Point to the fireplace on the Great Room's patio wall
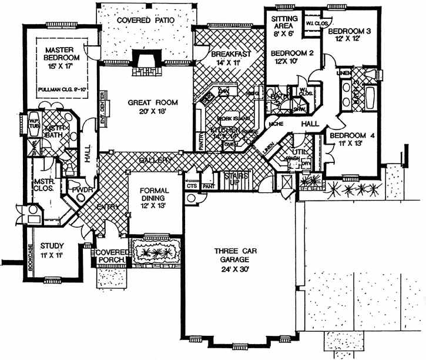145,61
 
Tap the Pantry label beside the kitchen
200,144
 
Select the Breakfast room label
230,54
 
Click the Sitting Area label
284,22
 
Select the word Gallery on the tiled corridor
156,160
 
